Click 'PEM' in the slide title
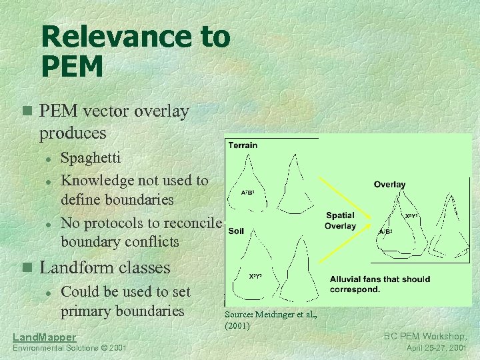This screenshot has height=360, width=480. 72,67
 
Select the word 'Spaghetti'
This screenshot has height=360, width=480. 91,158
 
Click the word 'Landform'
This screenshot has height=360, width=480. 78,268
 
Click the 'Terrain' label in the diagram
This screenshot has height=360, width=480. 243,145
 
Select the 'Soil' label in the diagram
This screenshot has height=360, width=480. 236,231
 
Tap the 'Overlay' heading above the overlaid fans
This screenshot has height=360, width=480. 389,184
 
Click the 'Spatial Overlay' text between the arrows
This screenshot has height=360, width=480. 340,221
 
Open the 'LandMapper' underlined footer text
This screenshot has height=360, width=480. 45,337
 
